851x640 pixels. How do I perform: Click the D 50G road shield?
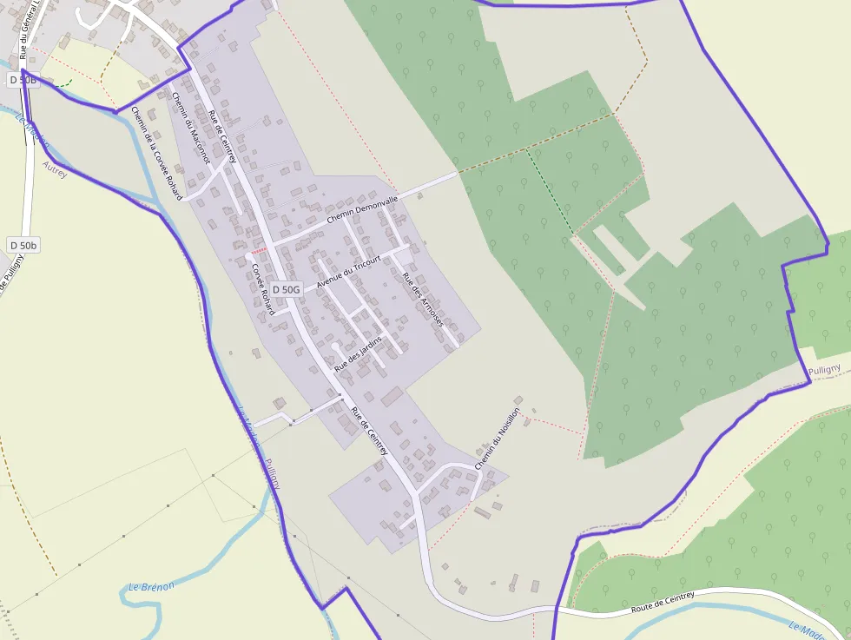286,289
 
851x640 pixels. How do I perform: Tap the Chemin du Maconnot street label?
191,128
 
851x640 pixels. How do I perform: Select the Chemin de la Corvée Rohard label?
157,152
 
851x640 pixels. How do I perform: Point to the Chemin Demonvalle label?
362,210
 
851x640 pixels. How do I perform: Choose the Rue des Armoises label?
423,300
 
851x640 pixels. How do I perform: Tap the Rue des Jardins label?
358,353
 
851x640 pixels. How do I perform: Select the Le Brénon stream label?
151,586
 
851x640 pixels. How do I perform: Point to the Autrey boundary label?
54,162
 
